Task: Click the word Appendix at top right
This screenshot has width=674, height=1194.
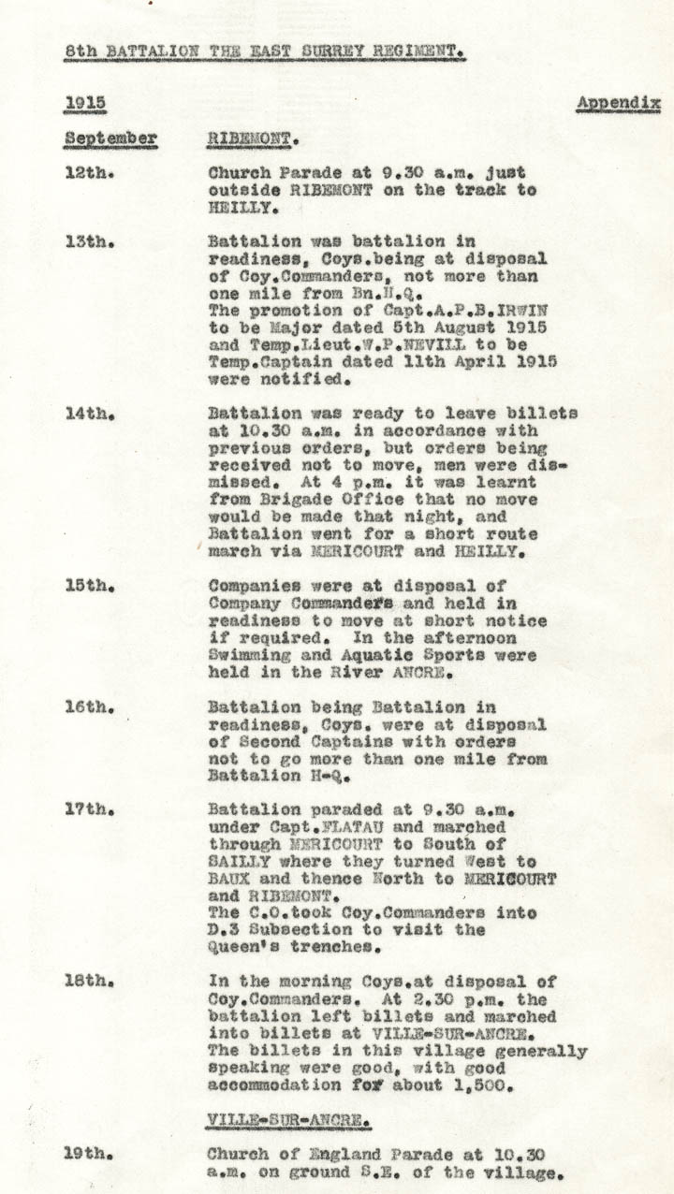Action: pyautogui.click(x=619, y=103)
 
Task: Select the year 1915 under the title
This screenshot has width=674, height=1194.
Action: pyautogui.click(x=84, y=103)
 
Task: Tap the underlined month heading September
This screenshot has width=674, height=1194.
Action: pyautogui.click(x=110, y=139)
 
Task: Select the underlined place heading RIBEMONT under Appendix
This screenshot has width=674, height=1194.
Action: pyautogui.click(x=251, y=139)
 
